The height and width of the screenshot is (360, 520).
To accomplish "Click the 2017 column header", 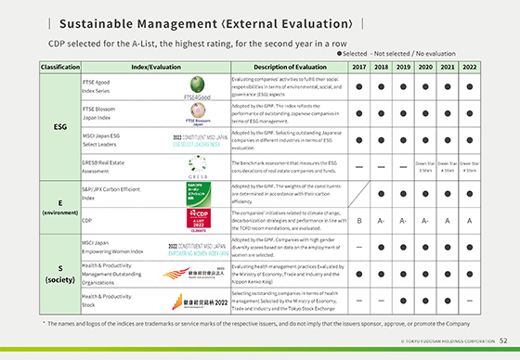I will click(x=358, y=67).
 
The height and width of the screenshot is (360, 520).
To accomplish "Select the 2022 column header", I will click(x=470, y=67).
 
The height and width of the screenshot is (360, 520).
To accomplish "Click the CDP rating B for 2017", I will click(x=358, y=220).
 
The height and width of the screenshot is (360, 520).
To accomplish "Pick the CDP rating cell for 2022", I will click(x=470, y=220).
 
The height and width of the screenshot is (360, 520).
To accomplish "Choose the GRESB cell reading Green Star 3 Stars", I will click(x=425, y=167).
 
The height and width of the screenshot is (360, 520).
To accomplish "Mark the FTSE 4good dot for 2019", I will click(x=403, y=88).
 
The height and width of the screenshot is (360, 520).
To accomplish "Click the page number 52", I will click(x=502, y=341).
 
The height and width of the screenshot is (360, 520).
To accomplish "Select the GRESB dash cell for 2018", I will click(x=381, y=167).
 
